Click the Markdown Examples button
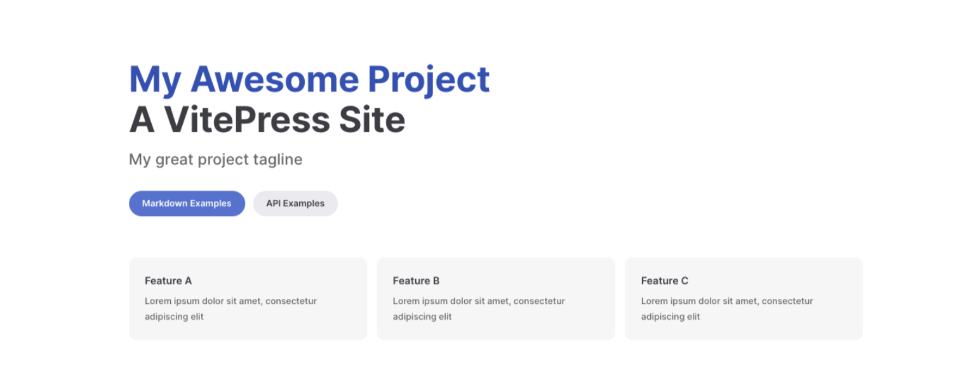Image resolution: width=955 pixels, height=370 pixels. click(187, 203)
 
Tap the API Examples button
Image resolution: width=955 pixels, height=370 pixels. click(295, 203)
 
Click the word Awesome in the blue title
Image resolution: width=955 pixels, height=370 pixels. click(274, 79)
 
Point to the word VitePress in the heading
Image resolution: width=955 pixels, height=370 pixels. click(247, 120)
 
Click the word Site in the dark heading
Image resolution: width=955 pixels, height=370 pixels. click(371, 120)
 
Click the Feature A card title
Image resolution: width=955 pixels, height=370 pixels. click(168, 281)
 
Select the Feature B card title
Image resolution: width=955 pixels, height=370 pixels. click(416, 281)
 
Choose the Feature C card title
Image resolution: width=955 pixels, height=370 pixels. click(665, 281)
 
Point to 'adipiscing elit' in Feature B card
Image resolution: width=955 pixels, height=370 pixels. click(422, 317)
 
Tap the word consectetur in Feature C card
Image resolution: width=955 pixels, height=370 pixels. click(787, 301)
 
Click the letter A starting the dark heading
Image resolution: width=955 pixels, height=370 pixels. click(142, 120)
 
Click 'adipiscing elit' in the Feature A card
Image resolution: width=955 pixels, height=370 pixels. click(174, 317)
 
